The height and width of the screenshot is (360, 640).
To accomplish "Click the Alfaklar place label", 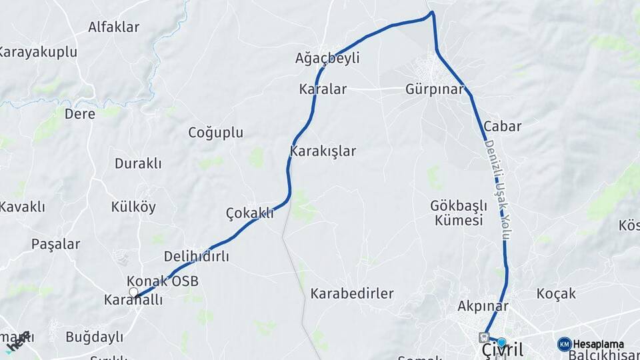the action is (x=113, y=27).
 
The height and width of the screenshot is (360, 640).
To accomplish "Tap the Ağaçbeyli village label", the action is (x=327, y=59).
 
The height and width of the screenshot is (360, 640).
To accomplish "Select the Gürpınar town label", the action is (x=434, y=89).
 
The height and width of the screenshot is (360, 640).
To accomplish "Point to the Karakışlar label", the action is (x=323, y=151).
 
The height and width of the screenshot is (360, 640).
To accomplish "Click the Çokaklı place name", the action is (x=250, y=213).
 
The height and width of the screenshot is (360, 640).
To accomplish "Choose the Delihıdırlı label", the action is (x=196, y=257).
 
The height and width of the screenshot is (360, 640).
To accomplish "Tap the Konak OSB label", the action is (x=163, y=281).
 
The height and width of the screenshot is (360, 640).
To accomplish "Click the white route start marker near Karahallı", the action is (x=133, y=292).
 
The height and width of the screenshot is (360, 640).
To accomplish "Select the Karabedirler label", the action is (x=352, y=293).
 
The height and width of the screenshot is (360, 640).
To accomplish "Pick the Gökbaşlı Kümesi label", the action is (x=457, y=213).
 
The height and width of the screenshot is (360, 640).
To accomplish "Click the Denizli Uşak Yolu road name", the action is (x=499, y=190).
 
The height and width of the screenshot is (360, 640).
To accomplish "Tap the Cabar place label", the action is (x=503, y=126).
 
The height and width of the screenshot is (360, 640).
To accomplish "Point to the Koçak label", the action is (x=556, y=293).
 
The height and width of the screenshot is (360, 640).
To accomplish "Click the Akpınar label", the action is (x=483, y=307).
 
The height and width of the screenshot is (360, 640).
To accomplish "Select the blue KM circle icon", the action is (x=565, y=344).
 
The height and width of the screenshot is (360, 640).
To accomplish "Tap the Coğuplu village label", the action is (x=215, y=133).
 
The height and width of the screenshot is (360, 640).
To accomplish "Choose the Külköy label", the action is (x=133, y=207).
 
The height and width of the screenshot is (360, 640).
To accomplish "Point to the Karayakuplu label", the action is (x=38, y=53).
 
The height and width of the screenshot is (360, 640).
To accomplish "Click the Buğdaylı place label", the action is (x=94, y=337).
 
